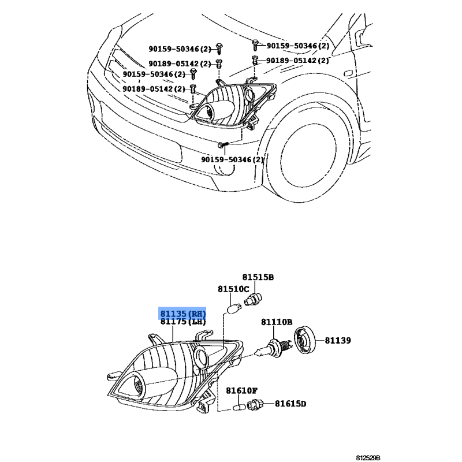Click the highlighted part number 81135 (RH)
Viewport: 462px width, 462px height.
pos(182,313)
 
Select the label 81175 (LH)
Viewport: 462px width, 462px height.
pos(182,322)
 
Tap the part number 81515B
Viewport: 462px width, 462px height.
pos(258,277)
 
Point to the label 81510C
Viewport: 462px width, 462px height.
pos(233,289)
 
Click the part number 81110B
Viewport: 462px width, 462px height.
pos(277,322)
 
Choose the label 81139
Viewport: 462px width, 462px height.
pos(338,341)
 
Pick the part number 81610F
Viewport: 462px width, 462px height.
pos(241,391)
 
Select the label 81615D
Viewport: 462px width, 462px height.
pos(290,403)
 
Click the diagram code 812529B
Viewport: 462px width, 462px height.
pos(368,457)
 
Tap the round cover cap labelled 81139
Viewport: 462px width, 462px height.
pos(305,340)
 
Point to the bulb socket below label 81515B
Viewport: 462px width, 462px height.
pos(253,299)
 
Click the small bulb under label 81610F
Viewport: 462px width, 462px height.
pos(239,408)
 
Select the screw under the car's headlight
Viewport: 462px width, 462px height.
pos(223,144)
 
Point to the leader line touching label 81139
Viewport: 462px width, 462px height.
pos(320,341)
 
